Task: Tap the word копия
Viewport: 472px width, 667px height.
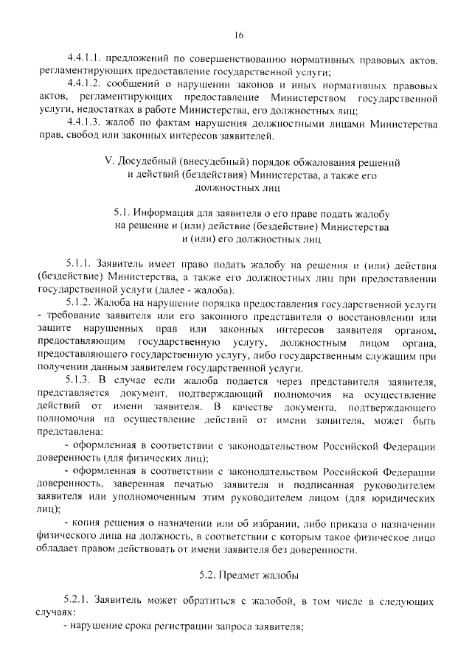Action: click(x=88, y=523)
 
